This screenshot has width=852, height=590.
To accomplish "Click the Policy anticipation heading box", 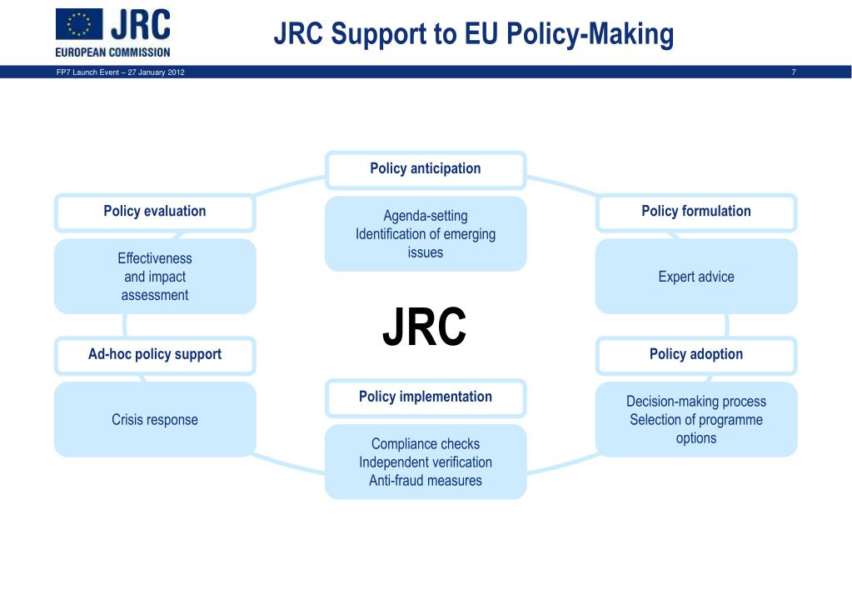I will pyautogui.click(x=426, y=169).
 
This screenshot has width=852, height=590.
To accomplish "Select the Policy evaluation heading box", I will pyautogui.click(x=155, y=212).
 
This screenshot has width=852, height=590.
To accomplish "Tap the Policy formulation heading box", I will pyautogui.click(x=696, y=212).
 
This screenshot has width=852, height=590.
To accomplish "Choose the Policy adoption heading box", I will pyautogui.click(x=696, y=355).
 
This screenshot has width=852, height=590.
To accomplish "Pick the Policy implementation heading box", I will pyautogui.click(x=426, y=397).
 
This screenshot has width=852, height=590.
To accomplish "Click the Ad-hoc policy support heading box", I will pyautogui.click(x=155, y=355).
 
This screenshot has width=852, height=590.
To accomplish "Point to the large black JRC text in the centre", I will pyautogui.click(x=425, y=327).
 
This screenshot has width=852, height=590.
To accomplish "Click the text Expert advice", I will pyautogui.click(x=696, y=277).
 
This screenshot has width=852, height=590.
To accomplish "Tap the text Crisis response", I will pyautogui.click(x=155, y=420).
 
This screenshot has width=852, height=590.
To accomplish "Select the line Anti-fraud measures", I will pyautogui.click(x=426, y=481).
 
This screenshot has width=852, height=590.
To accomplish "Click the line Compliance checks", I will pyautogui.click(x=426, y=444).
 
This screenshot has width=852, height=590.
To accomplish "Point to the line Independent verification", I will pyautogui.click(x=426, y=462).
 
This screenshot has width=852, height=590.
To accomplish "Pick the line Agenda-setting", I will pyautogui.click(x=426, y=217).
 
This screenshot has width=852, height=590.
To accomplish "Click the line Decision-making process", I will pyautogui.click(x=696, y=402).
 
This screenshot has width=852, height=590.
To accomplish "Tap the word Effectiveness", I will pyautogui.click(x=155, y=258).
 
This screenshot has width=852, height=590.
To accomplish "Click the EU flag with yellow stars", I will pyautogui.click(x=79, y=25).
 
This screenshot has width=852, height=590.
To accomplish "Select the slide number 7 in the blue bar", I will pyautogui.click(x=794, y=72).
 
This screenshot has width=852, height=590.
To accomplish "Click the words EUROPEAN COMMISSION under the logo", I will pyautogui.click(x=113, y=52).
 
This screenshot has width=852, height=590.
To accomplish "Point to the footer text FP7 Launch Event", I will pyautogui.click(x=83, y=72).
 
